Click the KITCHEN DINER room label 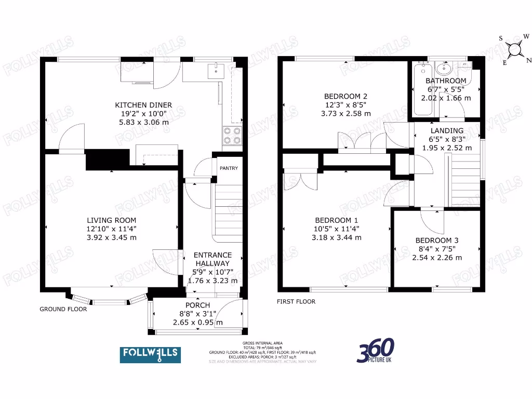(x=143, y=105)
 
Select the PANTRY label (x=229, y=168)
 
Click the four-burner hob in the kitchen (x=233, y=136)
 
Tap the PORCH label (x=197, y=305)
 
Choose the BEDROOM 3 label (x=437, y=241)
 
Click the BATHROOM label (x=446, y=81)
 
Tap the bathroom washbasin (x=444, y=69)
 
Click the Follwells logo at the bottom (x=151, y=354)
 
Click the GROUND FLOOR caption (x=63, y=309)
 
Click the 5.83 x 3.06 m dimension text (x=143, y=123)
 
